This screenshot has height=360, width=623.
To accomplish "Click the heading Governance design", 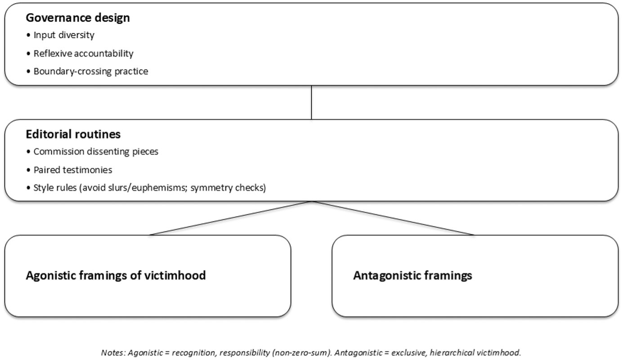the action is coord(78,18).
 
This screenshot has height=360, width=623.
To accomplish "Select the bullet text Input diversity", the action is coord(64,35).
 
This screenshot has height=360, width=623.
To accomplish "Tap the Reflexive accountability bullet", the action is coord(83,54).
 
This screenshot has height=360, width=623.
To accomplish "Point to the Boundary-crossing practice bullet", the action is coord(91,72).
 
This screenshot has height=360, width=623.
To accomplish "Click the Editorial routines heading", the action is coord(73,134).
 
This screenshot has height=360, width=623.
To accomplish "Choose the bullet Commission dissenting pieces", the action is coord(96,152).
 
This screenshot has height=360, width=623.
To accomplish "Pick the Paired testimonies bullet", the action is coord(73,170).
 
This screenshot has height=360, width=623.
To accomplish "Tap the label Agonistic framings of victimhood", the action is coord(116,275).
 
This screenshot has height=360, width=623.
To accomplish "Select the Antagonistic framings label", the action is coord(412,275).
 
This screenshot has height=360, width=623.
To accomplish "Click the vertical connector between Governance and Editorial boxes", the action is coord(311,103).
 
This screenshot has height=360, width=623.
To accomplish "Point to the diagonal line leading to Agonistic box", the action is coord(231,218).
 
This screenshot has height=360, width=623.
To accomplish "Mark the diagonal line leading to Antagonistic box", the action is coord(393,218).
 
